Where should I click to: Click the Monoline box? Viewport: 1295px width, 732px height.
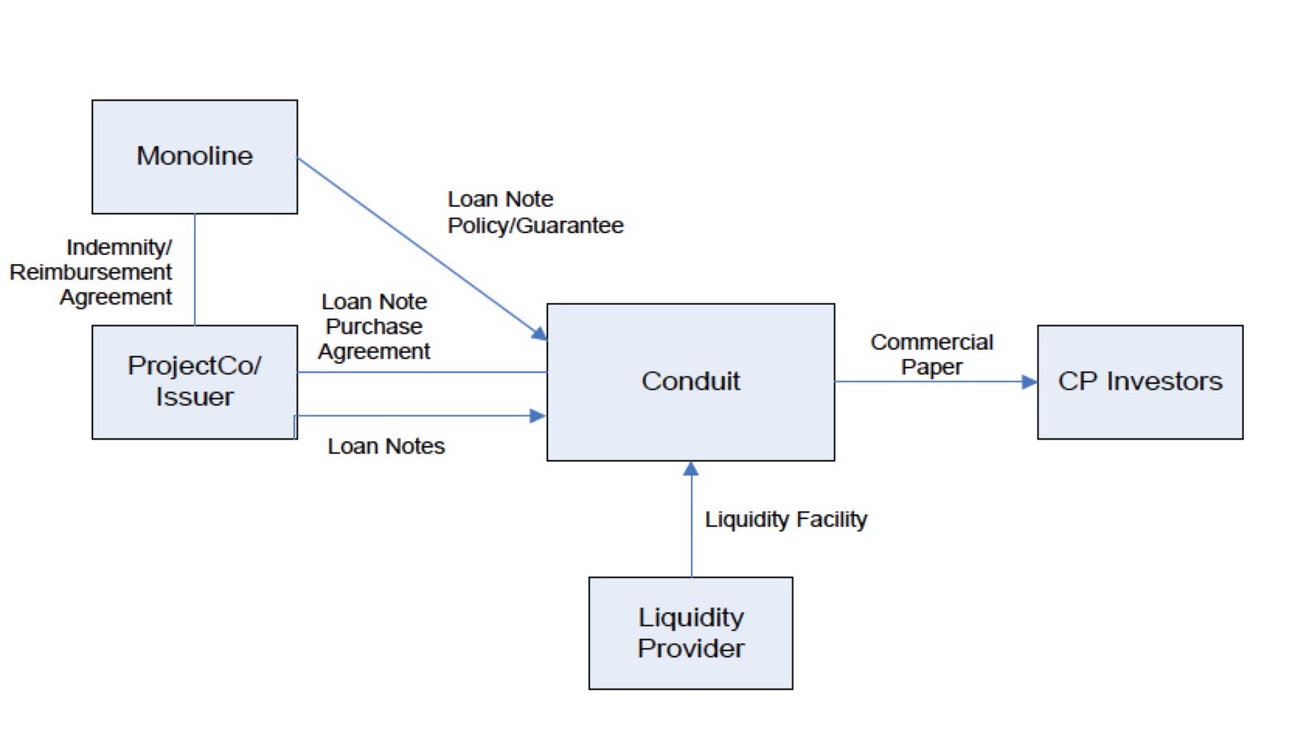(x=194, y=156)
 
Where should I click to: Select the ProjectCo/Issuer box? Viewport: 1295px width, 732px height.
(x=194, y=381)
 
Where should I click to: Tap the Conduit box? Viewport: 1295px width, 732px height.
(x=690, y=381)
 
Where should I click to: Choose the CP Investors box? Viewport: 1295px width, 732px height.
(x=1140, y=381)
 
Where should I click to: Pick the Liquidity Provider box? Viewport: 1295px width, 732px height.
(x=690, y=632)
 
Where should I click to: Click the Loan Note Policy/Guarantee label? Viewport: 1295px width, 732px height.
(x=535, y=212)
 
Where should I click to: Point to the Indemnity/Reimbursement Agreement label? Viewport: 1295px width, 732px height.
(x=91, y=272)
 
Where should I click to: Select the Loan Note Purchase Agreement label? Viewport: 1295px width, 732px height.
(x=374, y=326)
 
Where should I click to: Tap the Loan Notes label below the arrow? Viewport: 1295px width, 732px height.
(x=386, y=446)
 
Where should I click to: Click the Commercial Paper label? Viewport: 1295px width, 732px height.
(x=932, y=354)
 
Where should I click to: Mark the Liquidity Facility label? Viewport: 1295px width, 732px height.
(x=786, y=519)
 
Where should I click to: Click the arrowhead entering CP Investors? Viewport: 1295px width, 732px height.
(x=1030, y=382)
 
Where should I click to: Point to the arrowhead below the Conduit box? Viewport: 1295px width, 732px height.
(x=691, y=469)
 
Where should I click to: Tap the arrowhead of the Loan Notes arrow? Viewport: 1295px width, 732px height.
(x=537, y=416)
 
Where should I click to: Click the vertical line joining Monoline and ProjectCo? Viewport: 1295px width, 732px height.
(x=195, y=270)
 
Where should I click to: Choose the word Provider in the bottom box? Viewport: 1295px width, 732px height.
(x=690, y=648)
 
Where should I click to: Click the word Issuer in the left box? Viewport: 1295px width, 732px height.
(x=194, y=397)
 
